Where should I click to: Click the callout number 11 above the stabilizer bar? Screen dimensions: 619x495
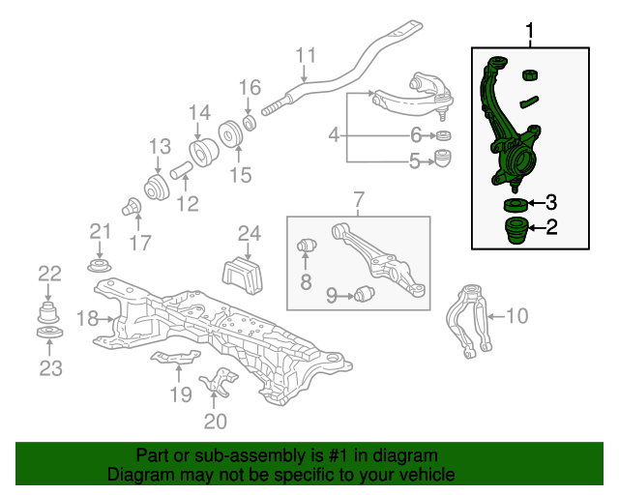[306, 55]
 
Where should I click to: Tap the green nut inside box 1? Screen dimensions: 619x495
[530, 74]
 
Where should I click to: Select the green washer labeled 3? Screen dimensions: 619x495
[516, 205]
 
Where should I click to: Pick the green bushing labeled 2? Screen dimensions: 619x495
[516, 230]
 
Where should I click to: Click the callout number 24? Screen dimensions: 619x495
[250, 234]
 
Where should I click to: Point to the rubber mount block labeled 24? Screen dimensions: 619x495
[243, 276]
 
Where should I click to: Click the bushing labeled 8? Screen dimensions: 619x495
[307, 247]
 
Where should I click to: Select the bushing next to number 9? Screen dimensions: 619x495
[364, 294]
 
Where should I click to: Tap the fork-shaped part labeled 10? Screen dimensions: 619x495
[470, 320]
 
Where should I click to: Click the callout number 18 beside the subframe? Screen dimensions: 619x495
[87, 318]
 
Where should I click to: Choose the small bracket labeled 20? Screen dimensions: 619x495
[219, 382]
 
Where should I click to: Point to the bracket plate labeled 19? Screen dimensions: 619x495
[175, 357]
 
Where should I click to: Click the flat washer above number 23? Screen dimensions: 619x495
[49, 333]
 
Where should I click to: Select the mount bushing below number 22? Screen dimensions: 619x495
[48, 312]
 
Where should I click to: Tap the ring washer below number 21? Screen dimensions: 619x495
[99, 266]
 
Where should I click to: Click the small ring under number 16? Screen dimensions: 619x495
[250, 123]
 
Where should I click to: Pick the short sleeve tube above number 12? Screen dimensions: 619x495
[181, 170]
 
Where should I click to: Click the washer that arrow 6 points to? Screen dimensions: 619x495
[444, 135]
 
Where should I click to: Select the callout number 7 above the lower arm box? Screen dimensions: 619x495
[359, 200]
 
